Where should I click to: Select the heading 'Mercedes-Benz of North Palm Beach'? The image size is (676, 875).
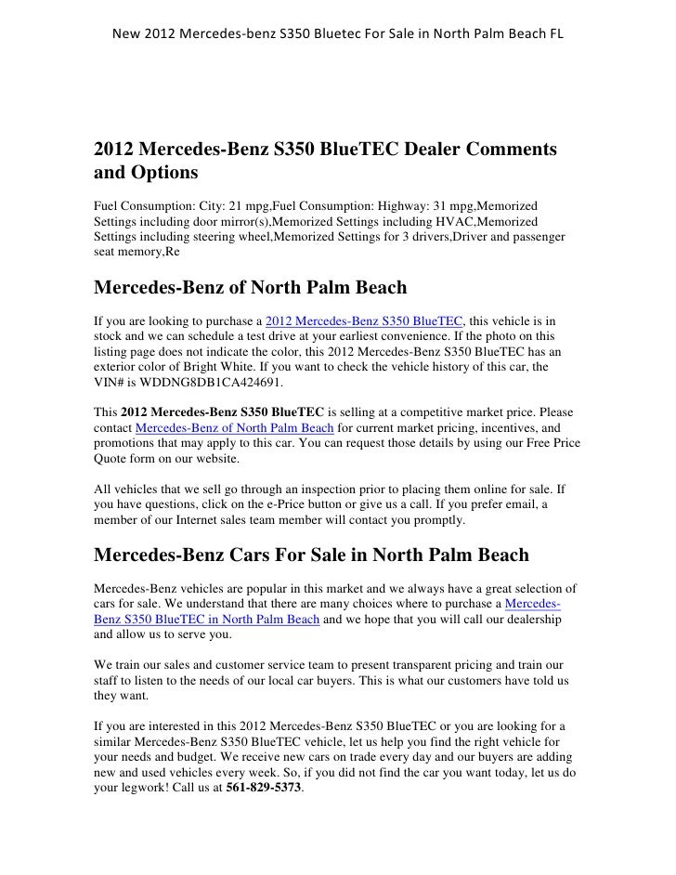(x=251, y=287)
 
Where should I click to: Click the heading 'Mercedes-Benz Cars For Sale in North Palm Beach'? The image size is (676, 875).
(x=312, y=555)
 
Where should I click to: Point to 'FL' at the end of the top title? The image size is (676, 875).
(x=555, y=35)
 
